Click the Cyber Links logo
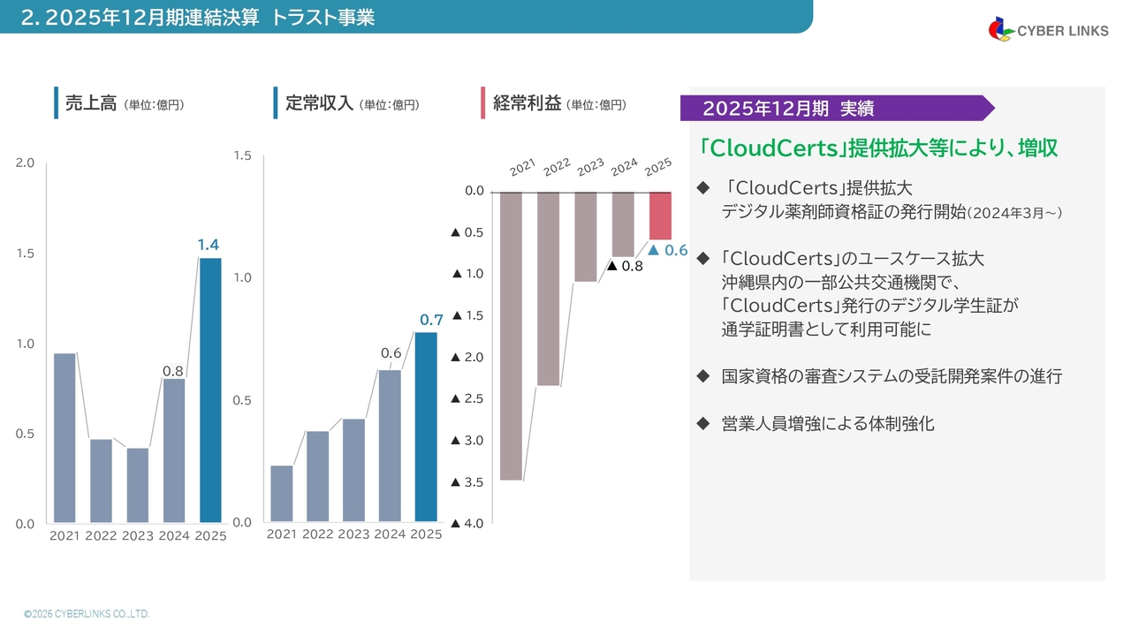point(1048,30)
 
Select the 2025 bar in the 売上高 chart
point(210,390)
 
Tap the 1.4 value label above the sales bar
point(208,245)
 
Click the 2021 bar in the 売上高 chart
point(65,437)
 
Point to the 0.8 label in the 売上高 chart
point(172,371)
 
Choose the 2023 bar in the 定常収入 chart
point(353,470)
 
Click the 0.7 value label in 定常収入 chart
point(431,320)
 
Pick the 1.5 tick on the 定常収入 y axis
point(242,155)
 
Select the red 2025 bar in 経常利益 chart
point(660,216)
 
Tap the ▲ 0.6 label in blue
point(667,250)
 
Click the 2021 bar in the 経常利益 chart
point(511,337)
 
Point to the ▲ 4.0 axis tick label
point(467,524)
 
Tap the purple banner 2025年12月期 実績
point(837,108)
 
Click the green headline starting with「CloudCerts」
point(877,148)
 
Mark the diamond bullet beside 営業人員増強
point(702,423)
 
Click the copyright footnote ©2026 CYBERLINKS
point(87,614)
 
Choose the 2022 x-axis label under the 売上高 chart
point(101,535)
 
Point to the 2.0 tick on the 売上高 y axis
point(25,163)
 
